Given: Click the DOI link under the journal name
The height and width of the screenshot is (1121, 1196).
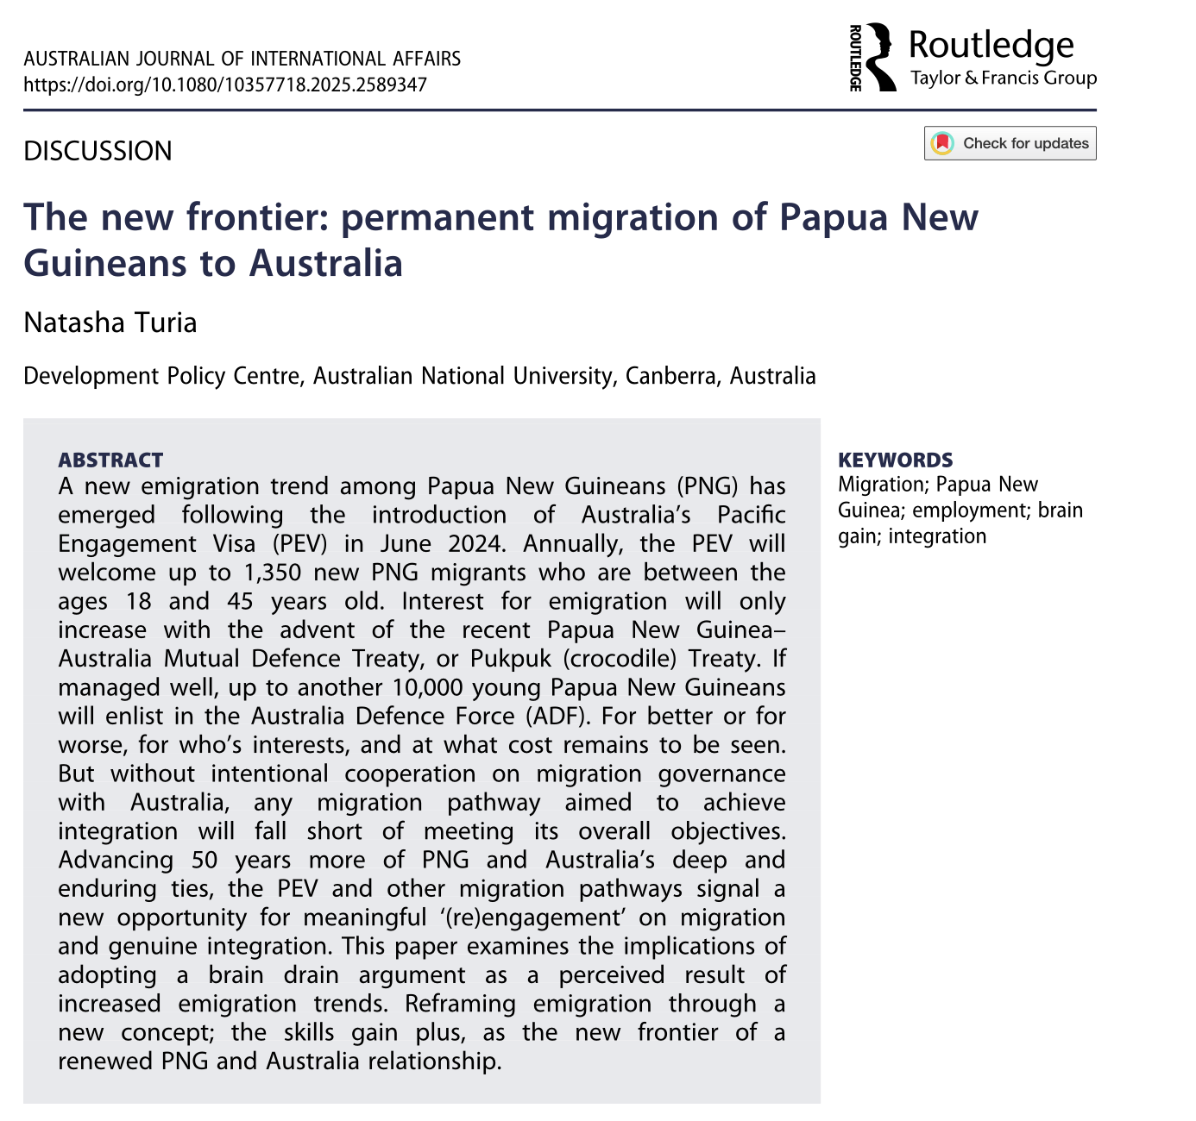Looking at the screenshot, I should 224,85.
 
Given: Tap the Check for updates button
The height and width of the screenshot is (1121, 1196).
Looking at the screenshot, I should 1010,143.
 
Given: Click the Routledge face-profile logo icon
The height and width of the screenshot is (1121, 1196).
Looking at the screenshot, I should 879,57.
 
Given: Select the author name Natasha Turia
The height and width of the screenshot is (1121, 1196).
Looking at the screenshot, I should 110,323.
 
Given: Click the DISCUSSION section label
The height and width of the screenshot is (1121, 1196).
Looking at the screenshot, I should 98,151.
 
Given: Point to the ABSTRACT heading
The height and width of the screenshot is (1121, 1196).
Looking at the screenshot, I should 110,460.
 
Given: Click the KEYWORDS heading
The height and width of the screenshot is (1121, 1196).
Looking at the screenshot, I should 896,460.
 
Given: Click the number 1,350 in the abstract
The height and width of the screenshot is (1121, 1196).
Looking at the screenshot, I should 277,573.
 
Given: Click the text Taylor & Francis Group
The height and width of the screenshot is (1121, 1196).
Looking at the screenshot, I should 1004,78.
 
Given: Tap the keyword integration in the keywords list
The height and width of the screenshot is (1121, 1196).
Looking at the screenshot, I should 937,536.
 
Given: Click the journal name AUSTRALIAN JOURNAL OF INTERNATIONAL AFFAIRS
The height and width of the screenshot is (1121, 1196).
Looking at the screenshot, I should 242,59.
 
